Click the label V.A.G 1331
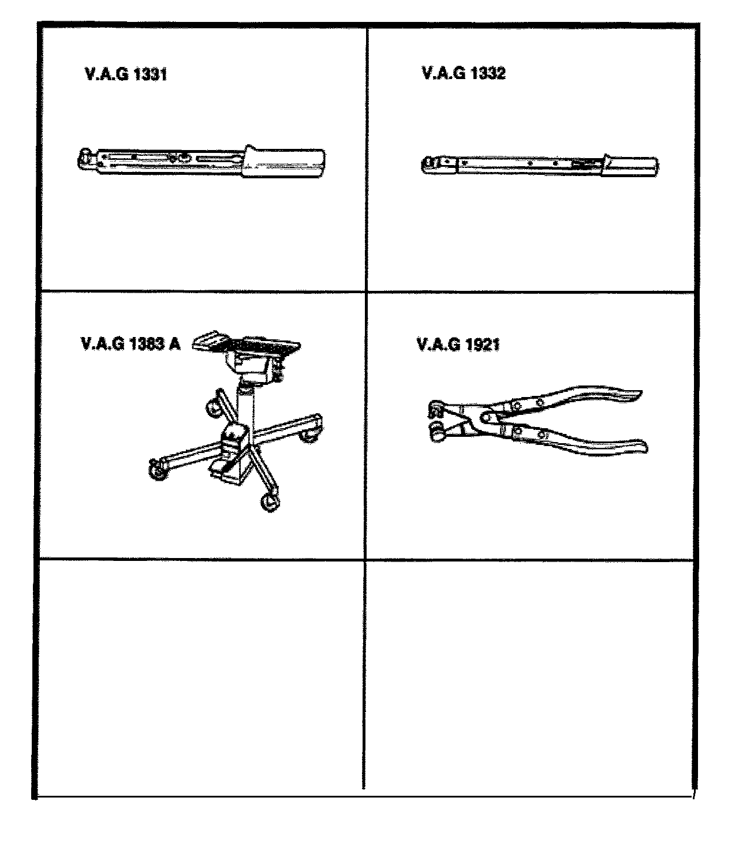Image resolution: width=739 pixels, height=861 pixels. [126, 74]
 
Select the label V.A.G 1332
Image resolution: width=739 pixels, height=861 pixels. [464, 73]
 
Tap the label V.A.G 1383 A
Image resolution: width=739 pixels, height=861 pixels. [130, 344]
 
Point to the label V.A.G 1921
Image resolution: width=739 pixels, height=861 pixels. [458, 345]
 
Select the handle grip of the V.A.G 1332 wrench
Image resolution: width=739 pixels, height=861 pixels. [630, 166]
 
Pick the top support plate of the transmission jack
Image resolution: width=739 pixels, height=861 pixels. [246, 342]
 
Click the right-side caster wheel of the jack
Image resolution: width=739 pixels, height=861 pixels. [309, 436]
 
